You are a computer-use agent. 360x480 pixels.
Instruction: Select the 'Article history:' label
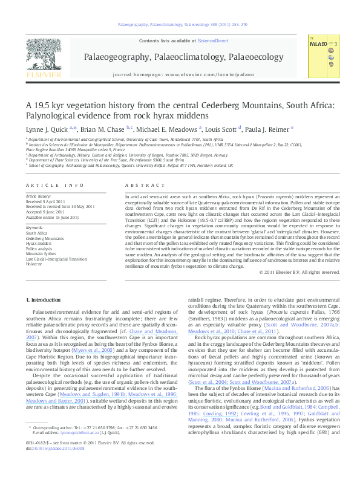39,196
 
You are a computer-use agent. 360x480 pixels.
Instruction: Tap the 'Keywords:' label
35,227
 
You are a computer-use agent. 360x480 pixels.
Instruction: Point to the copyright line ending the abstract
299,273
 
